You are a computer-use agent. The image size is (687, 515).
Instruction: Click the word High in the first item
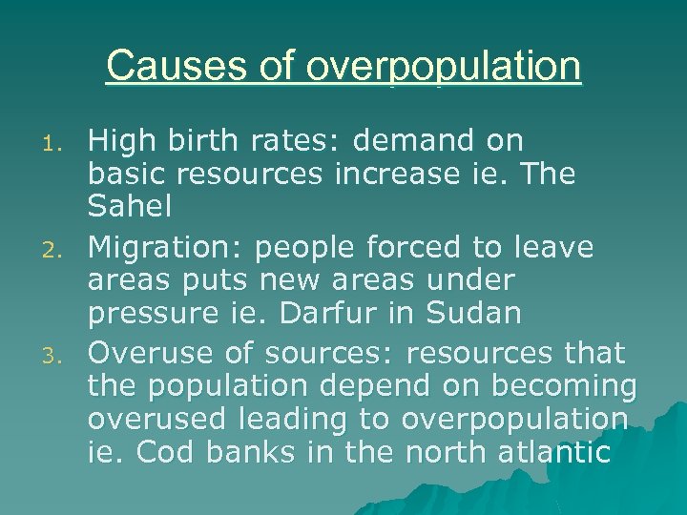pyautogui.click(x=115, y=141)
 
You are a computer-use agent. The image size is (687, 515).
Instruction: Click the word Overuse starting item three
pyautogui.click(x=147, y=353)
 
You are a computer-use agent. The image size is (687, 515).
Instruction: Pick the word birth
pyautogui.click(x=203, y=141)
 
